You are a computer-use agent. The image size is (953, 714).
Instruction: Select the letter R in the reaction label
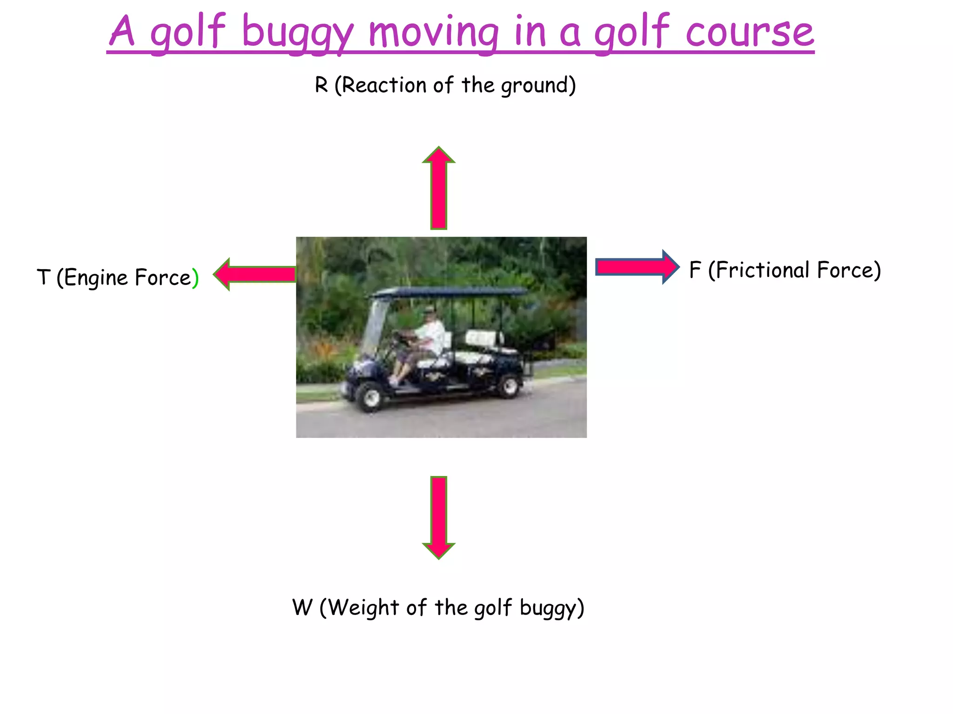(321, 85)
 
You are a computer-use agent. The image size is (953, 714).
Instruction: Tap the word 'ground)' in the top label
(538, 86)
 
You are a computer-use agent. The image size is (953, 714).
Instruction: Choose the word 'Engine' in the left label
(96, 278)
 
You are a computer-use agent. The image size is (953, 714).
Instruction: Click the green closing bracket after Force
(195, 278)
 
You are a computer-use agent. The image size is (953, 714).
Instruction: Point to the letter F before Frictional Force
(695, 270)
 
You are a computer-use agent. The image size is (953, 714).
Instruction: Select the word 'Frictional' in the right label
(759, 270)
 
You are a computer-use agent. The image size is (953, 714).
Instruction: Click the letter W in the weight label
(302, 607)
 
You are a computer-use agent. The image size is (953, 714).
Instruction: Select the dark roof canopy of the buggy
(449, 292)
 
